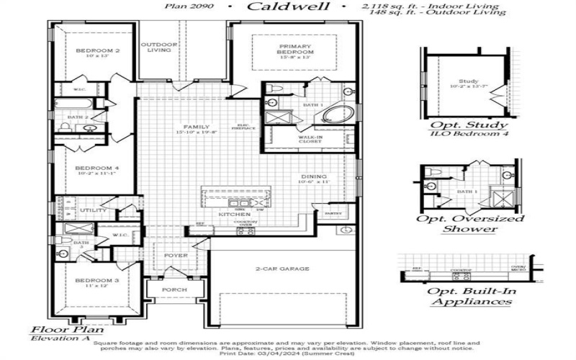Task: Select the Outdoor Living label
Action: point(158,47)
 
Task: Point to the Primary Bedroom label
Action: point(296,49)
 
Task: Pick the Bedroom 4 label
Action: point(96,168)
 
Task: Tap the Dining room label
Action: point(314,176)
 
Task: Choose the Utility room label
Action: point(93,210)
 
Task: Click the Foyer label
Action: point(175,256)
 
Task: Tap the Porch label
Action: point(174,290)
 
